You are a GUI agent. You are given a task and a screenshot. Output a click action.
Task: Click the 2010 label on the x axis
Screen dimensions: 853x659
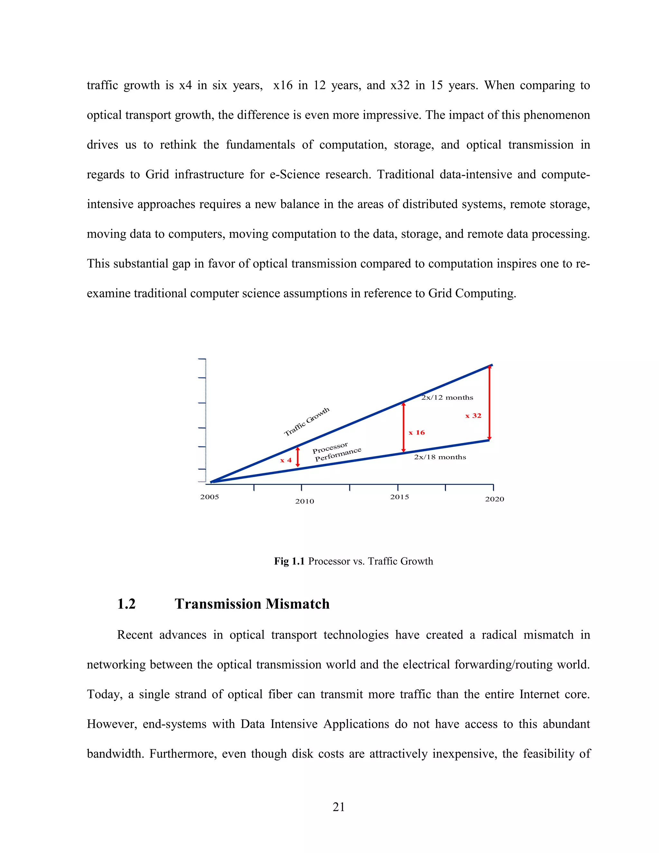tap(304, 501)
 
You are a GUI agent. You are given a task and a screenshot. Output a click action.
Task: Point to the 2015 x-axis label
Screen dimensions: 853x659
tap(399, 497)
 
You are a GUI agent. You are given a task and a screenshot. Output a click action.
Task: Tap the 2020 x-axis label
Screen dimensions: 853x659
tap(494, 499)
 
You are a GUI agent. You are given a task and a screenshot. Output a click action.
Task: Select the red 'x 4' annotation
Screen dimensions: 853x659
tap(286, 460)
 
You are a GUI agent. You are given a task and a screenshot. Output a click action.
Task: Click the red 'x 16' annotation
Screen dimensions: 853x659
tap(417, 432)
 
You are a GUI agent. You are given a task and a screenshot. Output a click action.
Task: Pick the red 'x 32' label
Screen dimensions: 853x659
tap(473, 416)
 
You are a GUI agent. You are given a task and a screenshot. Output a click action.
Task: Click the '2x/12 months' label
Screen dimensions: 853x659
tap(447, 398)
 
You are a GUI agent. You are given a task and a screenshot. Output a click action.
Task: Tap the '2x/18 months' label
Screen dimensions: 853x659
tap(440, 457)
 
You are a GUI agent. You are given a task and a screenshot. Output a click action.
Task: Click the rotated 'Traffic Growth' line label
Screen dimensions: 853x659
tap(307, 421)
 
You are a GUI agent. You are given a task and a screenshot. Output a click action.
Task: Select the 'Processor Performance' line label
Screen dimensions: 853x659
tap(337, 452)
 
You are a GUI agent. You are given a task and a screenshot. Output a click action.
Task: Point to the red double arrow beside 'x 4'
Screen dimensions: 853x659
tap(298, 457)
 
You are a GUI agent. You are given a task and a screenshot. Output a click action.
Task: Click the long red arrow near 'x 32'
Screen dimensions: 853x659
tap(489, 402)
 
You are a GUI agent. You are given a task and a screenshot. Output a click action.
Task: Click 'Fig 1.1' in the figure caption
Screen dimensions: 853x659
tap(289, 561)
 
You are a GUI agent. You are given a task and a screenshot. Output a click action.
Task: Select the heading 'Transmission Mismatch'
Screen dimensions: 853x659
tap(252, 604)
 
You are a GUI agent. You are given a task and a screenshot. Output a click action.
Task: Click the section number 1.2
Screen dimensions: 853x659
tap(126, 604)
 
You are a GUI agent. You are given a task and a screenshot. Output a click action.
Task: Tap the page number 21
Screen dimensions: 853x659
tap(339, 807)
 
